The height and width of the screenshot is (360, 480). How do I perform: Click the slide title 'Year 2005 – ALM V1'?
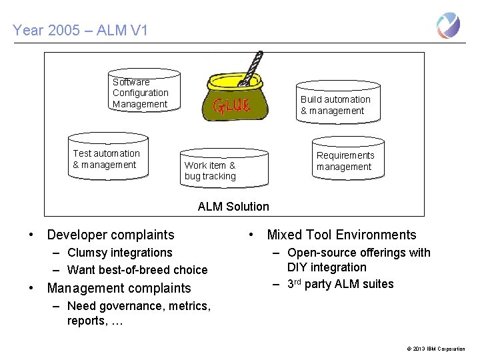click(80, 30)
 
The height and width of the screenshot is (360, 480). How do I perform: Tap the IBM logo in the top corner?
click(448, 26)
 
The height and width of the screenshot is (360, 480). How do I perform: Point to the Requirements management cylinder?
click(349, 160)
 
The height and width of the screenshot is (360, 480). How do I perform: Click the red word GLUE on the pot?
click(231, 105)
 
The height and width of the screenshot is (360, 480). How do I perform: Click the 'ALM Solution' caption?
click(233, 207)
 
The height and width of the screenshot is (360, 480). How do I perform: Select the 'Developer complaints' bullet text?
click(110, 235)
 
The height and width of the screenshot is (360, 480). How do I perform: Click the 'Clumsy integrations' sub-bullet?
click(120, 253)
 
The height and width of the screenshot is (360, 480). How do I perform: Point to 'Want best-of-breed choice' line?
click(137, 270)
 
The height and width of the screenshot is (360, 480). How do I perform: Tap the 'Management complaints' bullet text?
click(119, 289)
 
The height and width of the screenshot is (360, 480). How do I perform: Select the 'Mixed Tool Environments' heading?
click(341, 235)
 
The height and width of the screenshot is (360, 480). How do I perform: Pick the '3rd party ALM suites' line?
click(340, 284)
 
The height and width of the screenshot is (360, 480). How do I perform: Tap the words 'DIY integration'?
click(327, 267)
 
